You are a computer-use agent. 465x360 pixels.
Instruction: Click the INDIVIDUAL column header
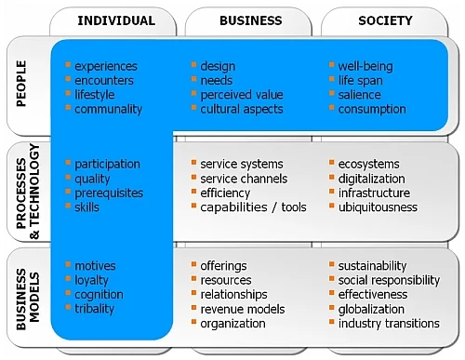click(116, 20)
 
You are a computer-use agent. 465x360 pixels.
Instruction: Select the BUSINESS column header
click(251, 20)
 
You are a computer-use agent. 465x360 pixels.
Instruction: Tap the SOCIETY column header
click(385, 20)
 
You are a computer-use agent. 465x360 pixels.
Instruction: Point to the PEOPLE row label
click(21, 84)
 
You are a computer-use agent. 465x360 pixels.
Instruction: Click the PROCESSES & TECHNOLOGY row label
click(28, 192)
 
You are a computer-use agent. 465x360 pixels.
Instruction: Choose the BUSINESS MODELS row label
click(28, 300)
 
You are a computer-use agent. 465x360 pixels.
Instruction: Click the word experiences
click(106, 66)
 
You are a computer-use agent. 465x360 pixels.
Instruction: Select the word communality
click(108, 109)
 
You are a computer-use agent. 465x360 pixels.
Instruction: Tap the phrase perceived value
click(242, 95)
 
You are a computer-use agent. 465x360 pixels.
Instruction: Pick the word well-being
click(365, 66)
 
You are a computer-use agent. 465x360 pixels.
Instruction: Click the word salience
click(359, 95)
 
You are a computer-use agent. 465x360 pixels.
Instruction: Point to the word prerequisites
click(109, 193)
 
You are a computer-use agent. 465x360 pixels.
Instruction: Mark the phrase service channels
click(244, 179)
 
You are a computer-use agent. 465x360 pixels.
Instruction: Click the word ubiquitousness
click(378, 207)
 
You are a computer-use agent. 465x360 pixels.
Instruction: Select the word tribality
click(94, 309)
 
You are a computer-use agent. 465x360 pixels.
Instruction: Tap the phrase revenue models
click(243, 309)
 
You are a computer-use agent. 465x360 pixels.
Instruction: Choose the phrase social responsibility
click(389, 280)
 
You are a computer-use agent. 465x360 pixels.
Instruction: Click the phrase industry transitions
click(389, 324)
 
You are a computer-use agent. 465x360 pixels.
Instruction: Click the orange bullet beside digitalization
click(331, 177)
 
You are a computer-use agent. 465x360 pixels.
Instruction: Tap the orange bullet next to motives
click(68, 264)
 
